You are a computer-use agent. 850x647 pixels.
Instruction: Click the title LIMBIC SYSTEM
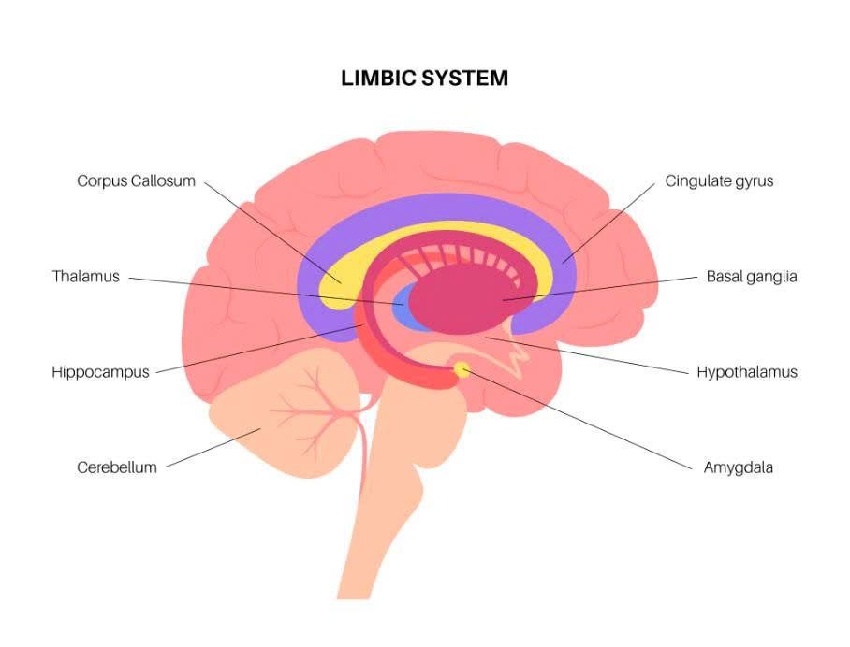425,79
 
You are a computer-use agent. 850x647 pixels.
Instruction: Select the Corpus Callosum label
136,180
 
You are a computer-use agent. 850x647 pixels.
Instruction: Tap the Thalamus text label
85,277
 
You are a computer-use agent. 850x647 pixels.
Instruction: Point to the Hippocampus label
100,372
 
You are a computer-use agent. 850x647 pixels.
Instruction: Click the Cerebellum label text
116,467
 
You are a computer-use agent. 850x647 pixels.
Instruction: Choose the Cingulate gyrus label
719,180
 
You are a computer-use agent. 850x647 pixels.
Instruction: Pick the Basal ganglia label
752,277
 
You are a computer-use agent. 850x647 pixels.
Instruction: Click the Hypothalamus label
746,372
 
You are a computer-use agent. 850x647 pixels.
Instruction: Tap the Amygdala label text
738,467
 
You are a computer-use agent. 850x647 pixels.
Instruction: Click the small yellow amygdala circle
462,369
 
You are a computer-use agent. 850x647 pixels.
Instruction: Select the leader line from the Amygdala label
580,420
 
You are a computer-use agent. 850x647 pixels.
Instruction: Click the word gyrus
754,181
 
